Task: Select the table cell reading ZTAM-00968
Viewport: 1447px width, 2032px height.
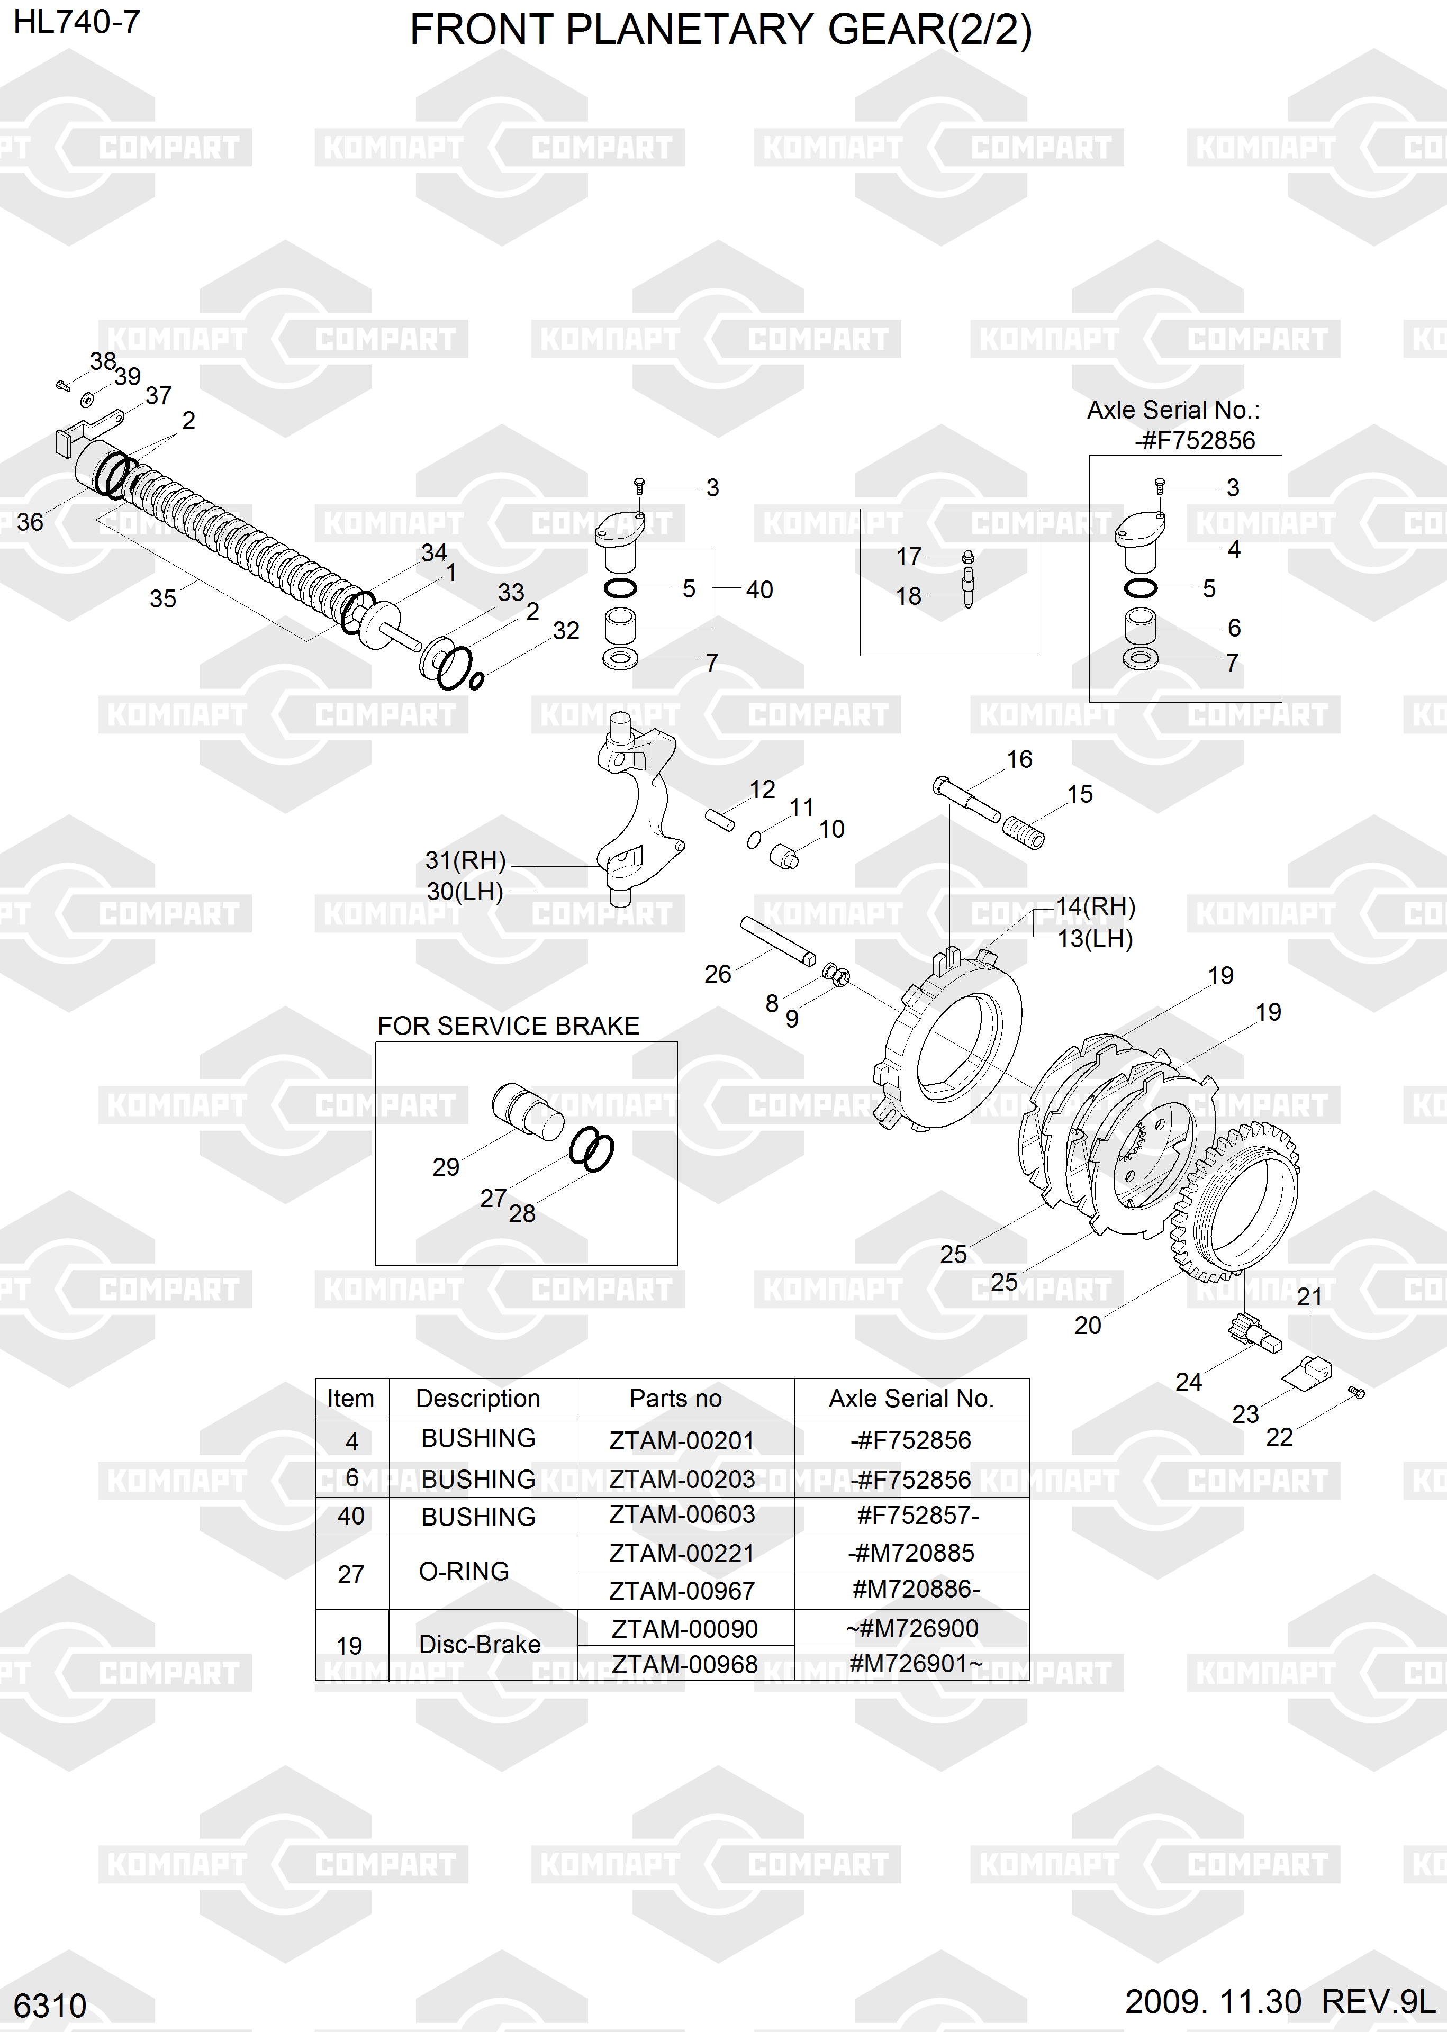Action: click(684, 1664)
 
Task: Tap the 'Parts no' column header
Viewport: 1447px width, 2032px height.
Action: click(675, 1399)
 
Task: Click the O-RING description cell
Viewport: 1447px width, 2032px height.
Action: click(464, 1572)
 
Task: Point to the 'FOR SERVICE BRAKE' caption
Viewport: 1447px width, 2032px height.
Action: click(508, 1026)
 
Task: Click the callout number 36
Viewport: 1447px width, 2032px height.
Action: click(30, 522)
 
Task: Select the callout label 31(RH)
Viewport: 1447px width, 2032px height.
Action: click(465, 860)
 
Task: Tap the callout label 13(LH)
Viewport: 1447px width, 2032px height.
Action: click(1095, 938)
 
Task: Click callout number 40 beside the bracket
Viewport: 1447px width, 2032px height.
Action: click(759, 589)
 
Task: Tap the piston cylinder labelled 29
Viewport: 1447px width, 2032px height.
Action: click(526, 1110)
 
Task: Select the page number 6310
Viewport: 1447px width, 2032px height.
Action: click(50, 2005)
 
